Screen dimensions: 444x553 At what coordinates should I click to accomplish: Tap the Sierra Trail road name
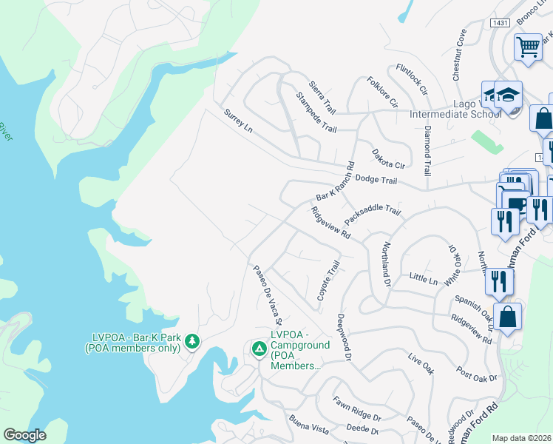(x=322, y=97)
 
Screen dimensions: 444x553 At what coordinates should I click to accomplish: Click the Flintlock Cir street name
(x=413, y=79)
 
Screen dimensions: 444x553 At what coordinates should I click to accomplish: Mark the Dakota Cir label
(x=389, y=158)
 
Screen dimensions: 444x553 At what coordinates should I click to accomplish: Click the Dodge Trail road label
(x=376, y=180)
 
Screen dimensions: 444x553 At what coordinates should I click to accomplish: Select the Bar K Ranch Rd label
(x=336, y=182)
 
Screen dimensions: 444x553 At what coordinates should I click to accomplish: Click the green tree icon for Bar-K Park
(x=192, y=340)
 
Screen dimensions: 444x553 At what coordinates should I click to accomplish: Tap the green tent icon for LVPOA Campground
(x=259, y=348)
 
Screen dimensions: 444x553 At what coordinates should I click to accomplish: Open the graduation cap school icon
(x=508, y=95)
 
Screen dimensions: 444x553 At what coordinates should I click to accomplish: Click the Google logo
(x=25, y=434)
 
